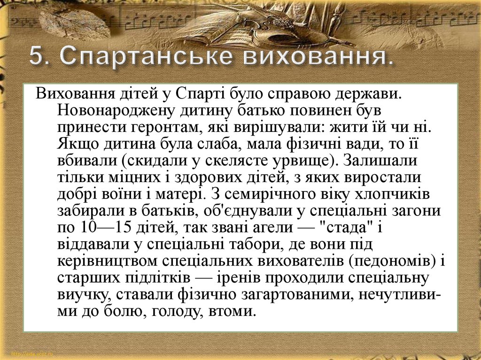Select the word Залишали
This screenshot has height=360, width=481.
tap(380, 160)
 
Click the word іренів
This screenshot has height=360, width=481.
tap(238, 278)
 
